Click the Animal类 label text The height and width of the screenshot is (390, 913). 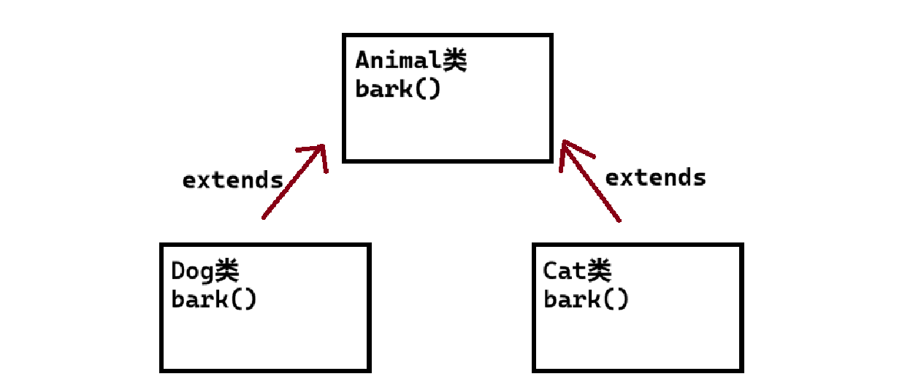click(410, 61)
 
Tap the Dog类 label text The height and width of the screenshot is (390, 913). click(205, 271)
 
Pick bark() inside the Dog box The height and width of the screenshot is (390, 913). click(214, 299)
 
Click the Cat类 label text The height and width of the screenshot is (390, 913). click(577, 271)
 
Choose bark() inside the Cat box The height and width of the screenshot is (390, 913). click(586, 299)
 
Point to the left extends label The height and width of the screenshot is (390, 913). click(232, 180)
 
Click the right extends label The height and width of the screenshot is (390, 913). click(656, 177)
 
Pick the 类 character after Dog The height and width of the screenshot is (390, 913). click(226, 271)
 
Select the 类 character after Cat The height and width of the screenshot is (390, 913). click(599, 271)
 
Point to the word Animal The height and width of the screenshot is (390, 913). click(397, 61)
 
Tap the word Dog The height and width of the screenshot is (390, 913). click(192, 271)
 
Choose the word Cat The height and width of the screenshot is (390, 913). click(565, 271)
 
